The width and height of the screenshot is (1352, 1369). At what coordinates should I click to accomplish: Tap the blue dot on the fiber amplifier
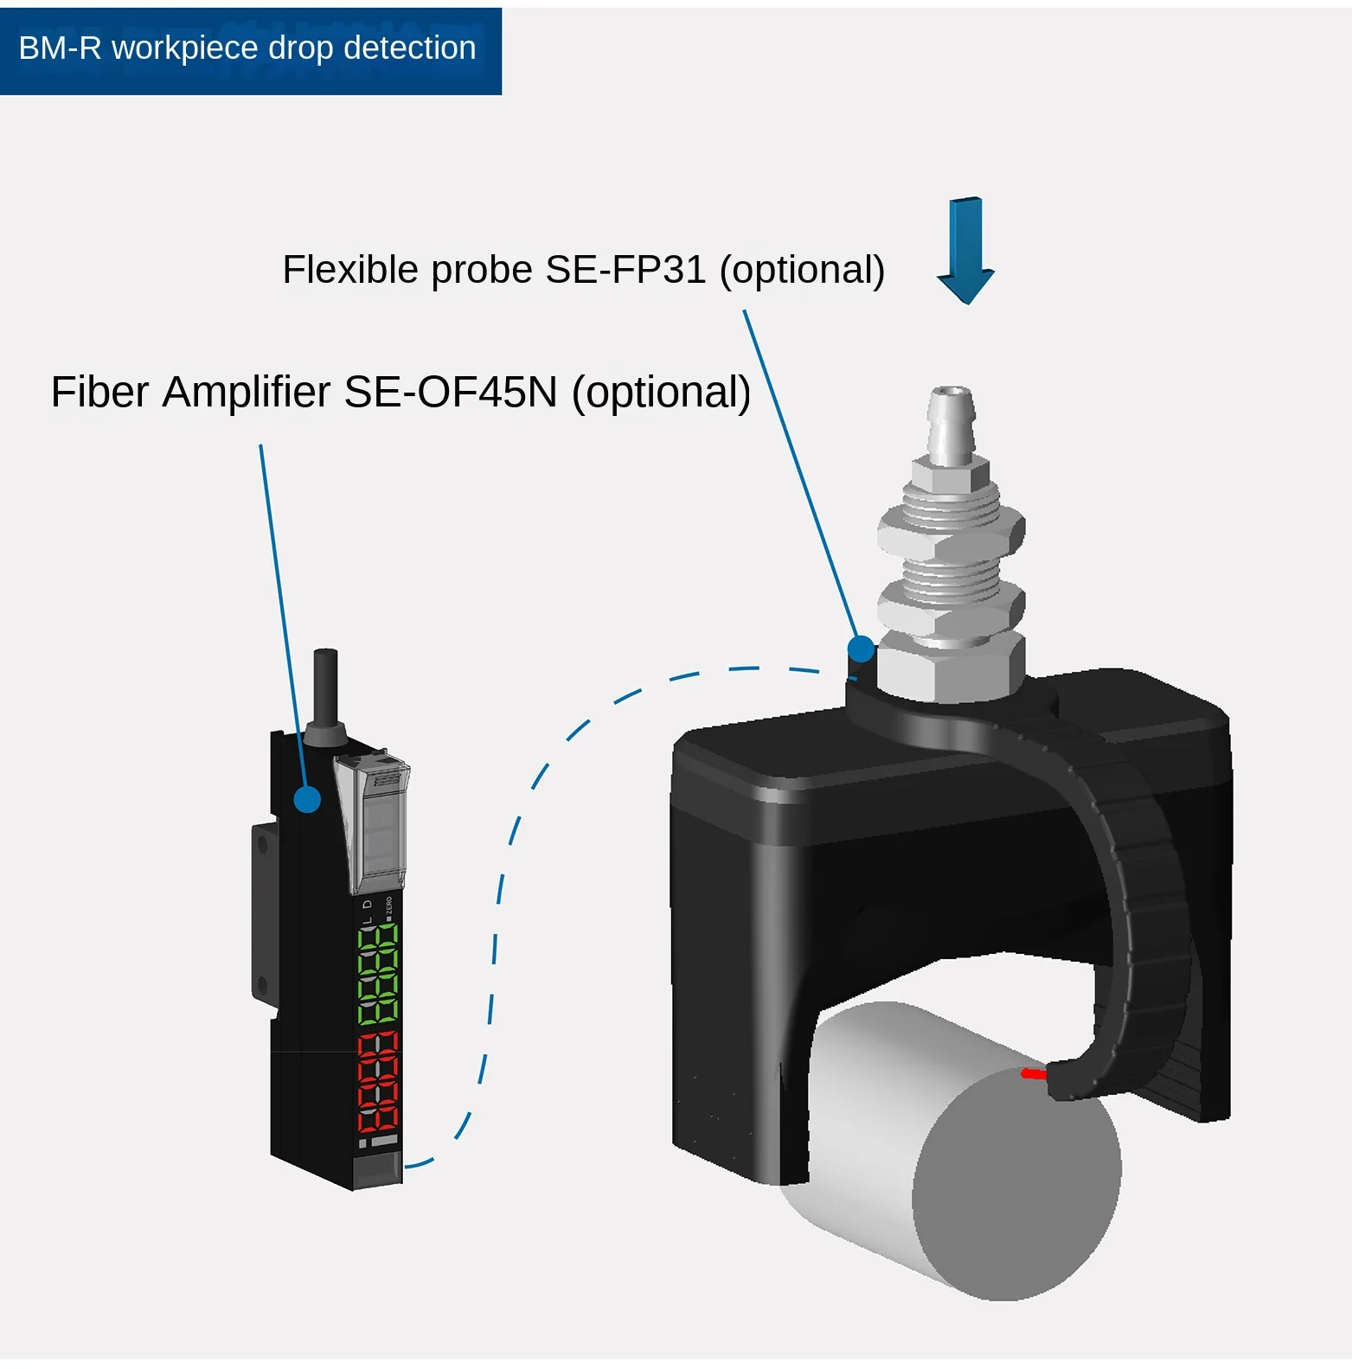tap(307, 799)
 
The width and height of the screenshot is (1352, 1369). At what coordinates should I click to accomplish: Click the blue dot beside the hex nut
tap(861, 649)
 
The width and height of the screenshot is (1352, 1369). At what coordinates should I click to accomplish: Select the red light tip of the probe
tap(1033, 1074)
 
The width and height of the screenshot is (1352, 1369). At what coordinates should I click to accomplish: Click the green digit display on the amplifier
tap(378, 974)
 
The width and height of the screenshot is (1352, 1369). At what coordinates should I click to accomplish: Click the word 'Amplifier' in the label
tap(247, 392)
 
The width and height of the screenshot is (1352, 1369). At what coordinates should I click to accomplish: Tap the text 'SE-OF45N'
tap(451, 392)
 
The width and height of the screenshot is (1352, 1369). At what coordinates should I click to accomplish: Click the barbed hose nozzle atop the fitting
tap(951, 423)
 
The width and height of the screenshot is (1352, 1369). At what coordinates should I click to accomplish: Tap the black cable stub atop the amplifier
tap(325, 688)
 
